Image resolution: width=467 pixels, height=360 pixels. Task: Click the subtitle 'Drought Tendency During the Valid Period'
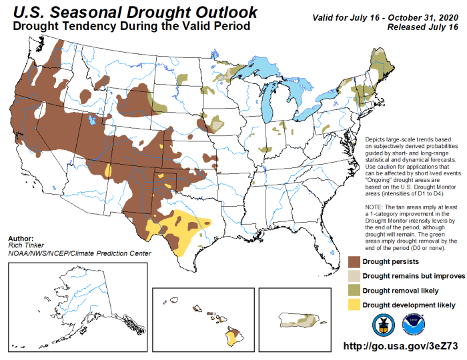131,26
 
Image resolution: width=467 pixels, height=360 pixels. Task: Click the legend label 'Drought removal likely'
403,290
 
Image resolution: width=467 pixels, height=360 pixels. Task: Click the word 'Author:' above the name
22,238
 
